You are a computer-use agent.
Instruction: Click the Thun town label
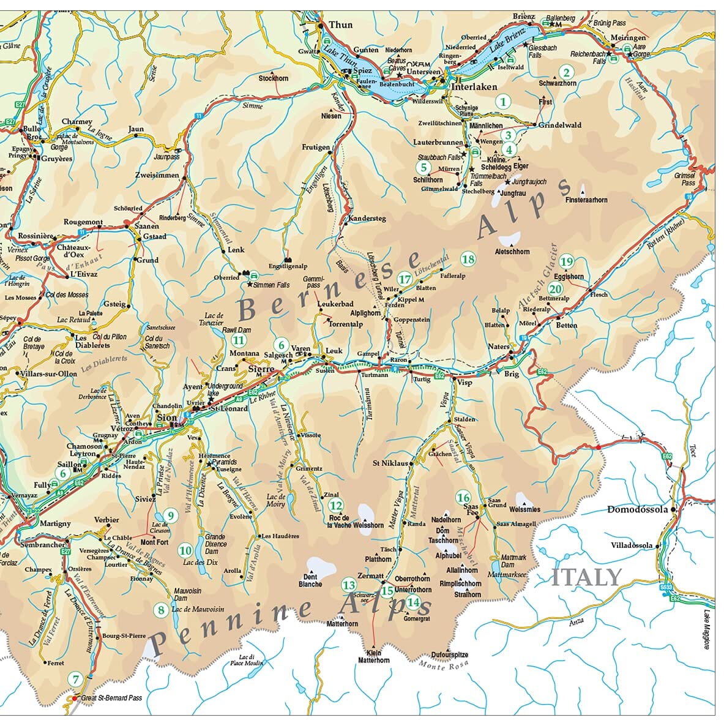coord(341,24)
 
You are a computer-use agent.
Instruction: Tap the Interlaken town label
coord(474,86)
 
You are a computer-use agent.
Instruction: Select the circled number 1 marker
coord(503,102)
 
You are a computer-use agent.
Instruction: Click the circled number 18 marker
coord(468,259)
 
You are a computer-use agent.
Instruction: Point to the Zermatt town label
coord(370,576)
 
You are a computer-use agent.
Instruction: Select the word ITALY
coord(586,577)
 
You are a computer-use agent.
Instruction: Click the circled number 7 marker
coord(76,679)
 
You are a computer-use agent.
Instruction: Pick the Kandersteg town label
coord(367,219)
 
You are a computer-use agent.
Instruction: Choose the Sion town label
coord(167,418)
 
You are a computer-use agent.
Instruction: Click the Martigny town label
coord(55,524)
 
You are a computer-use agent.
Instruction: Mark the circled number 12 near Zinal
coord(335,506)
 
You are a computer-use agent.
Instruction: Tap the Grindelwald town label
coord(559,125)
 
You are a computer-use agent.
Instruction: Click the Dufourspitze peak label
coord(449,654)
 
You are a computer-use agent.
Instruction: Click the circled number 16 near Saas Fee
coord(463,498)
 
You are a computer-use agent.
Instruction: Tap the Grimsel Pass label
coord(689,179)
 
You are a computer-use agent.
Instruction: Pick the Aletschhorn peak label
coord(512,252)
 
